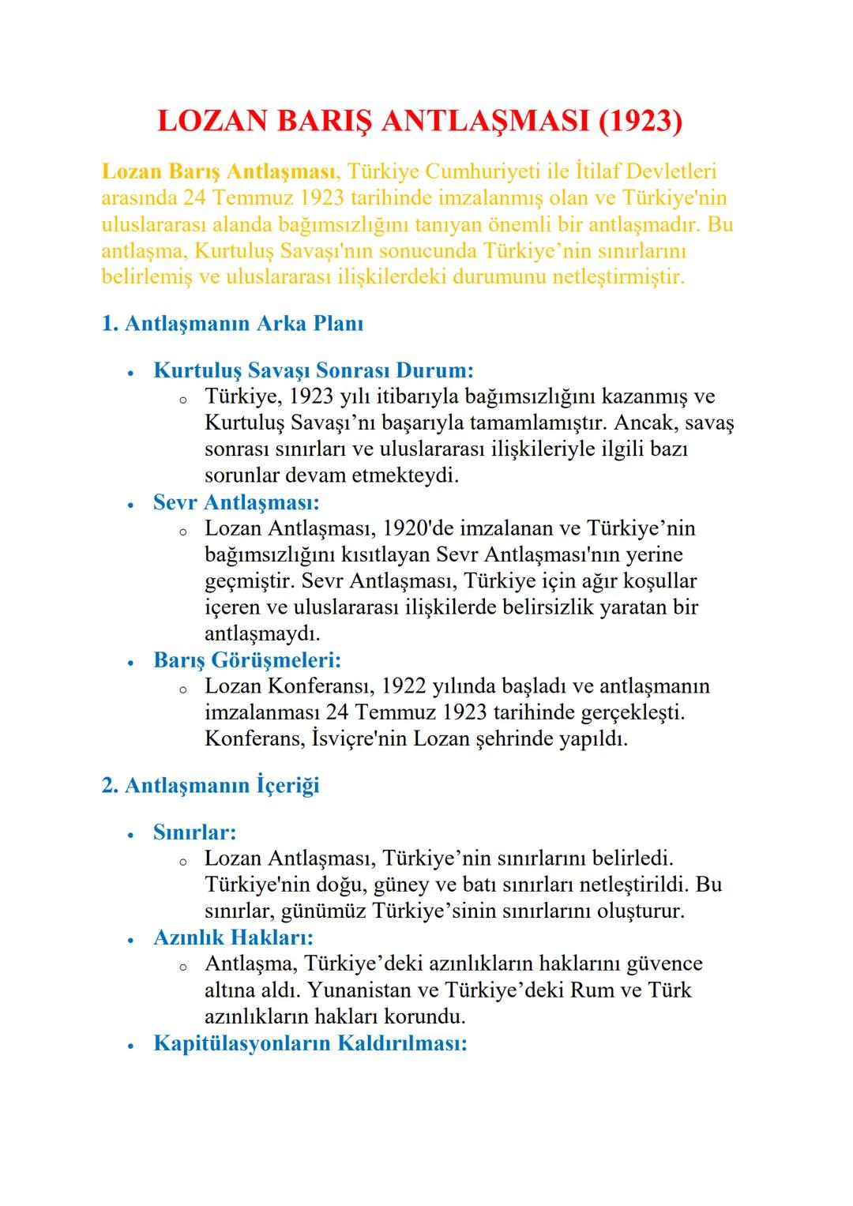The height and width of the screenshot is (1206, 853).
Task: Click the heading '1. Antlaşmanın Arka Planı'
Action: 233,324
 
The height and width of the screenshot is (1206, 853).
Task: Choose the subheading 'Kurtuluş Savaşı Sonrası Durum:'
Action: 314,370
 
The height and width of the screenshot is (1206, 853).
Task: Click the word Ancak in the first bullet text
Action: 647,423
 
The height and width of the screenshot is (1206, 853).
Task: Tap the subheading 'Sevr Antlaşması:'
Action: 236,502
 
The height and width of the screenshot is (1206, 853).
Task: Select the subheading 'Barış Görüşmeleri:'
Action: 247,659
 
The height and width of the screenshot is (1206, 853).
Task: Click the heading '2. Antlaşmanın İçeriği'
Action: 211,786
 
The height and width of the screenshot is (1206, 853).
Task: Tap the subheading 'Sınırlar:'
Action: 195,832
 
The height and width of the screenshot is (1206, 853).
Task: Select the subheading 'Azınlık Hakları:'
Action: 234,937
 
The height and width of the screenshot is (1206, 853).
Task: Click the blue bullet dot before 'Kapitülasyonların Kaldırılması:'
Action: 131,1045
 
